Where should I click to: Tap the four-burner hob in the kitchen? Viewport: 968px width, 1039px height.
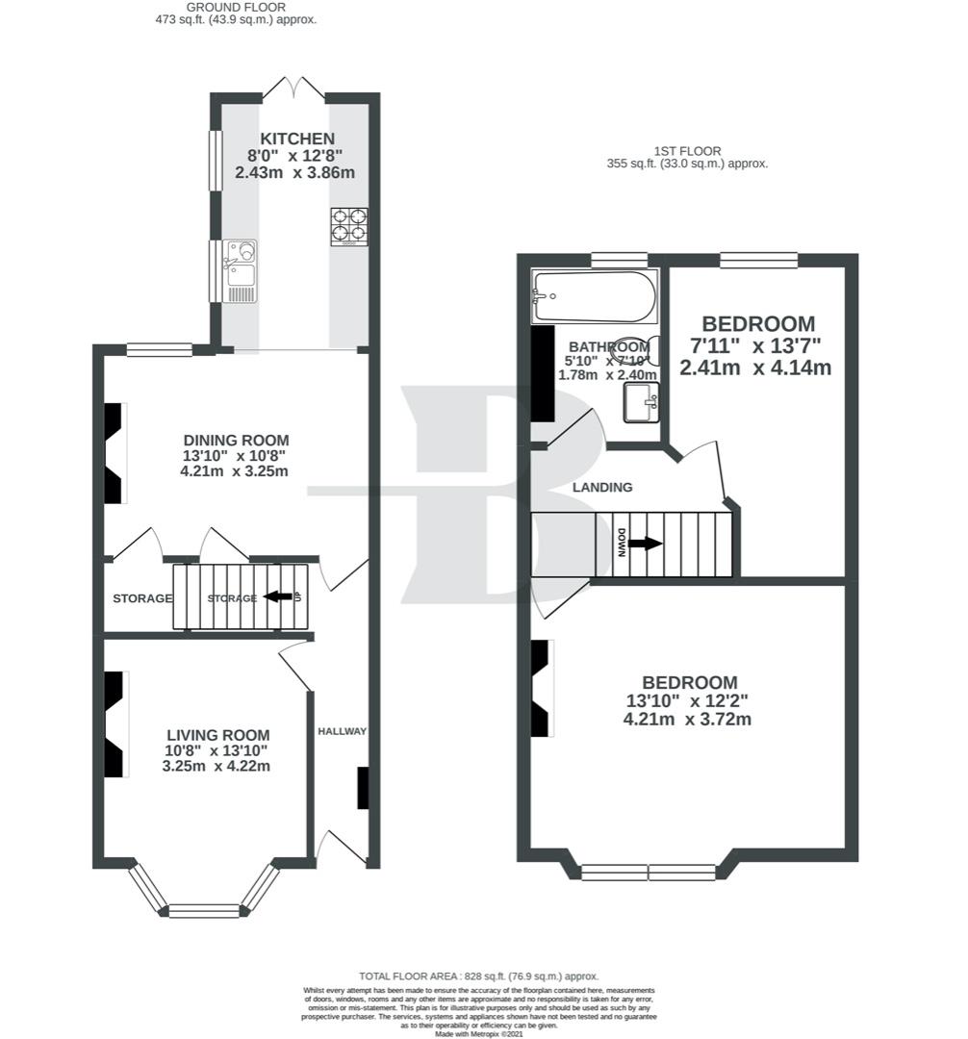pyautogui.click(x=349, y=227)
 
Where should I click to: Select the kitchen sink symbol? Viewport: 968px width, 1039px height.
pyautogui.click(x=240, y=269)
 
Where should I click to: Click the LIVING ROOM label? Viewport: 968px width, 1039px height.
pyautogui.click(x=217, y=735)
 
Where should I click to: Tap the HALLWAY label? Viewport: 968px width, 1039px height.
pyautogui.click(x=343, y=731)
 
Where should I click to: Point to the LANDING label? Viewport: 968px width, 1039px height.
pyautogui.click(x=602, y=488)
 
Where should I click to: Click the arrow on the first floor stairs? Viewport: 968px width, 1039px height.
pyautogui.click(x=646, y=544)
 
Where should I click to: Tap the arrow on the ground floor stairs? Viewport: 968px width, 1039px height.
pyautogui.click(x=279, y=596)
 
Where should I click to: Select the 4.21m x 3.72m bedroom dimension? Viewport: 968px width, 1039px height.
pyautogui.click(x=687, y=719)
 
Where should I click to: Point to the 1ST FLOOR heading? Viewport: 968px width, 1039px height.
pyautogui.click(x=687, y=151)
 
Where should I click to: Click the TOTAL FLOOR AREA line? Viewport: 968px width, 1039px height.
pyautogui.click(x=479, y=976)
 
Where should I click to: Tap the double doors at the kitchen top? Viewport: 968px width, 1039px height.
pyautogui.click(x=293, y=88)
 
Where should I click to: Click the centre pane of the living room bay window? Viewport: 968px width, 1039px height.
pyautogui.click(x=204, y=910)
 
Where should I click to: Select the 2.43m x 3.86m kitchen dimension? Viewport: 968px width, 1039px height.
pyautogui.click(x=295, y=173)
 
